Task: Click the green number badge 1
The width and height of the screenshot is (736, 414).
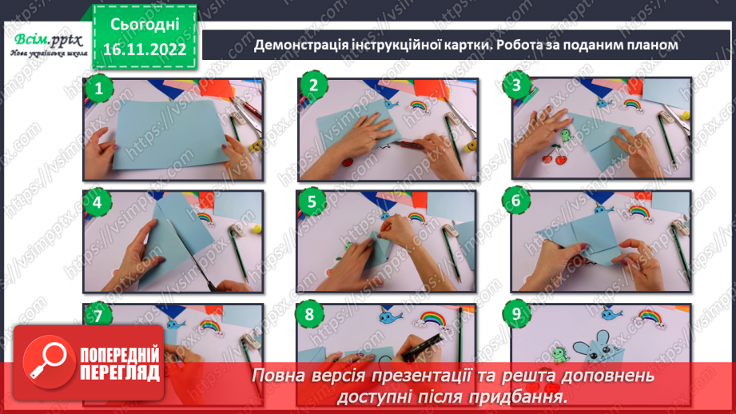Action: tap(99, 90)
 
